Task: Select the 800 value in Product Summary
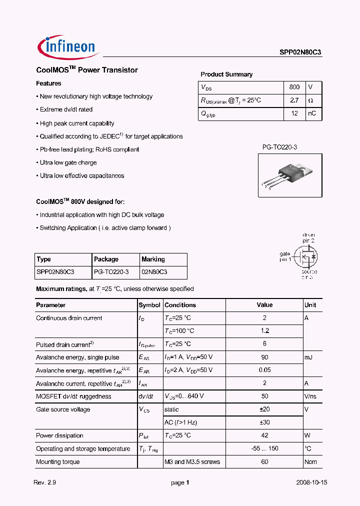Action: click(294, 87)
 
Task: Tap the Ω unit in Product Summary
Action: click(311, 100)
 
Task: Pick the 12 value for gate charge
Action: click(294, 113)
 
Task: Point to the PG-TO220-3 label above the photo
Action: click(279, 147)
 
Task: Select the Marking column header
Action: click(153, 259)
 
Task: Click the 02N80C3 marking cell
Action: click(154, 272)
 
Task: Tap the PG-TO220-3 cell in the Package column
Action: click(111, 272)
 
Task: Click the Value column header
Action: click(264, 305)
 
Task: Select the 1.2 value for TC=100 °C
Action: click(264, 331)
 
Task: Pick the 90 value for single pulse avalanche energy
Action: click(264, 357)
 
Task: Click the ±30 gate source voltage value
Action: click(264, 422)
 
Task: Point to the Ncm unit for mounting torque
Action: click(310, 461)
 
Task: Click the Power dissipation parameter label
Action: click(59, 435)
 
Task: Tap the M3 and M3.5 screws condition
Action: click(192, 461)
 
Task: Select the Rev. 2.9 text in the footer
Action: click(44, 483)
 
